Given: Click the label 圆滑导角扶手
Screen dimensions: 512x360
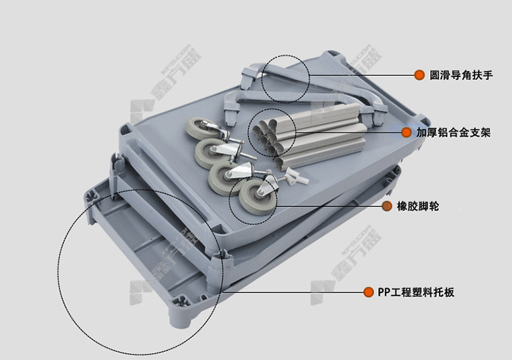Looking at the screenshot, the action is tap(460, 75).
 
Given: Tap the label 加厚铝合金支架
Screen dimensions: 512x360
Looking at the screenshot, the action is tap(453, 133).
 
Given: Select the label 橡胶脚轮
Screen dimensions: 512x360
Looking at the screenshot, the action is tap(418, 206).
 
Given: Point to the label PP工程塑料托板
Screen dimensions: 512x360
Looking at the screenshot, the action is tap(416, 292).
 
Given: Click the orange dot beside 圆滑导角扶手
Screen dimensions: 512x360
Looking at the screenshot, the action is tap(419, 75).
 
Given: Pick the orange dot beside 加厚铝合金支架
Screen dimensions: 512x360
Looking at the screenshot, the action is tap(406, 133).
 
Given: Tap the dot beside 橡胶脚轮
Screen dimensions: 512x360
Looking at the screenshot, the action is tap(387, 206).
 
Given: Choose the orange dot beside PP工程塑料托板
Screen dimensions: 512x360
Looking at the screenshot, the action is tap(369, 292).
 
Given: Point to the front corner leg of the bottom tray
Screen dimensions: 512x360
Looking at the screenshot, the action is tap(180, 311).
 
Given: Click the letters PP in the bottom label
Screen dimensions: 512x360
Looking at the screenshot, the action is tap(384, 292).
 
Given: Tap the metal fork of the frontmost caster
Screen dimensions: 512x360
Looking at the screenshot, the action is tap(268, 185).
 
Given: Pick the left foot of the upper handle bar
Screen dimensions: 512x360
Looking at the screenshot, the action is tap(247, 79).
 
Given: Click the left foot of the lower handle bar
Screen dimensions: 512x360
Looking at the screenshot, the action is tap(230, 111).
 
